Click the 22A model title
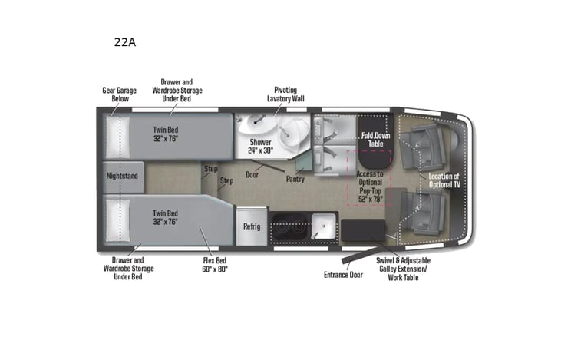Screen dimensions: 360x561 pos(124,43)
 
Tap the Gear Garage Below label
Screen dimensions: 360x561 pos(119,94)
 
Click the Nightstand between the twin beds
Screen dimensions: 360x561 pos(122,176)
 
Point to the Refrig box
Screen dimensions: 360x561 pos(252,226)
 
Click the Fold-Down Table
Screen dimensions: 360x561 pos(373,140)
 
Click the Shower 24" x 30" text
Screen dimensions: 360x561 pos(260,146)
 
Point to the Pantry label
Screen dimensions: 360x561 pos(295,179)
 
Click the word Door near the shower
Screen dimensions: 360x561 pos(252,174)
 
